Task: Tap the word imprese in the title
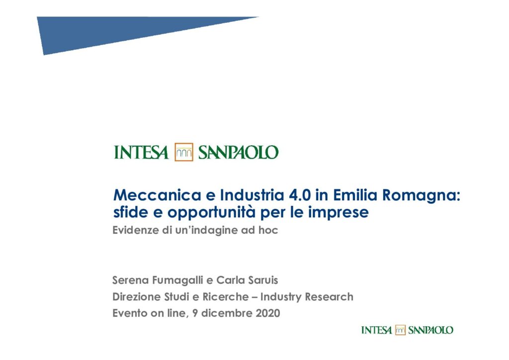(x=338, y=213)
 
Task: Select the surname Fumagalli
(x=177, y=280)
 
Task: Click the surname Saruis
(x=263, y=280)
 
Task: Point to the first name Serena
(x=131, y=280)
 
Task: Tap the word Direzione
(x=137, y=297)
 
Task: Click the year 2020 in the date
(x=268, y=313)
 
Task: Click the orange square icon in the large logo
(x=184, y=152)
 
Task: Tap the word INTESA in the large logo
(x=141, y=153)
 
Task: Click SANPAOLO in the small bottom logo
(x=430, y=330)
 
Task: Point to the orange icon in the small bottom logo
(x=400, y=330)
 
